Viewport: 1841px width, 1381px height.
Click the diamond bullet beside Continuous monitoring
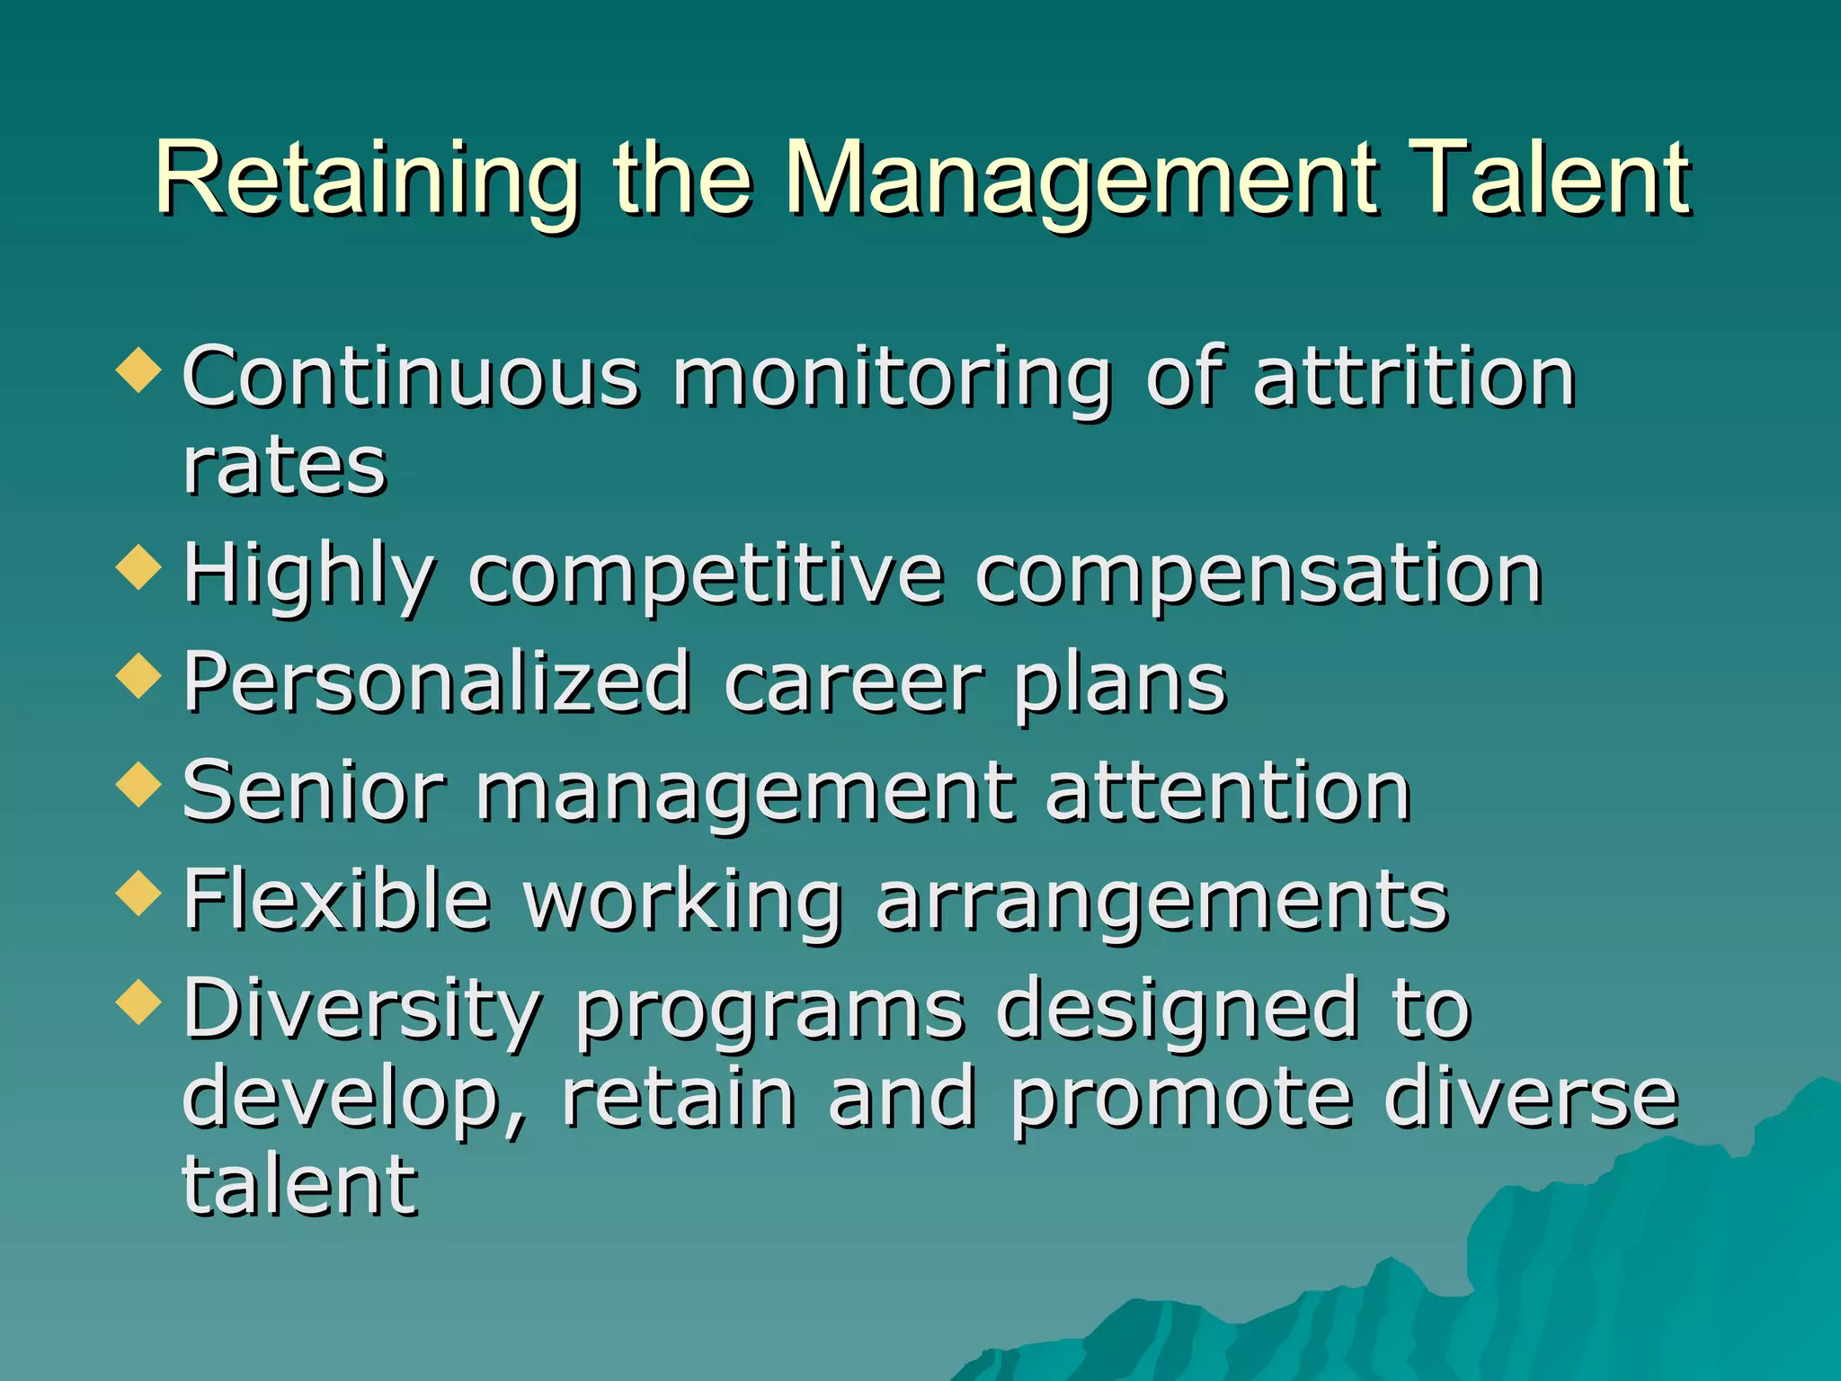tap(139, 370)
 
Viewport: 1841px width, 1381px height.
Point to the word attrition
tap(1414, 378)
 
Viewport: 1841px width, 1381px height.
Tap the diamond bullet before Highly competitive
tap(139, 567)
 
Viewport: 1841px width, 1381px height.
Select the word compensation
tap(1259, 575)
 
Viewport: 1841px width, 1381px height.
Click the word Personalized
tap(437, 683)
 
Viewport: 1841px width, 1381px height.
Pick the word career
tap(853, 683)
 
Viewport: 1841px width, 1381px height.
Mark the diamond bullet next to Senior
tap(139, 784)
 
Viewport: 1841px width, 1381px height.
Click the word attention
tap(1228, 791)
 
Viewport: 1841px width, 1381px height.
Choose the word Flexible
tap(337, 899)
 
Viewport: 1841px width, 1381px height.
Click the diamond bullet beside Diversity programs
tap(139, 1002)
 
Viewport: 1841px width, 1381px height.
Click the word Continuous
tap(411, 378)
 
